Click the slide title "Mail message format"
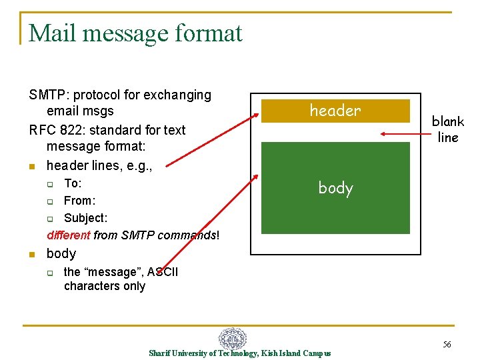tap(135, 33)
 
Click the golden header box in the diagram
tap(335, 111)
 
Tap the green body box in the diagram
tap(335, 188)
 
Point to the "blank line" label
tap(447, 129)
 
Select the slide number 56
tap(447, 344)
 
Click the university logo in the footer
tap(233, 339)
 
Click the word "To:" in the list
tap(73, 183)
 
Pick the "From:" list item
tap(79, 200)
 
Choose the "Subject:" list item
tap(85, 217)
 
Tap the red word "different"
tap(69, 235)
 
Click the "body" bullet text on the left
tap(61, 253)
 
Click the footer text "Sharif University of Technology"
tap(203, 353)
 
